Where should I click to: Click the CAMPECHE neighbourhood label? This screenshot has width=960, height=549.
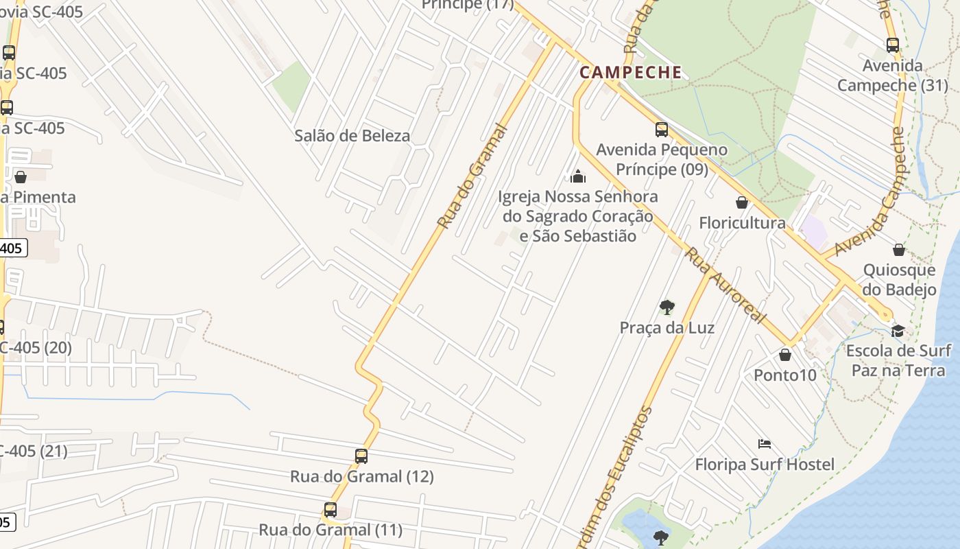pos(631,72)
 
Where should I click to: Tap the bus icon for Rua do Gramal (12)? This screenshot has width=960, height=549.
pos(361,456)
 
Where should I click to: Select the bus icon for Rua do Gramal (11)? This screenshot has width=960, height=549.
pos(331,510)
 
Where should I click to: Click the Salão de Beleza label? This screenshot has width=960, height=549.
pos(352,136)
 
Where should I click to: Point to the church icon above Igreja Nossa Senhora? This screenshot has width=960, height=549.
pos(578,176)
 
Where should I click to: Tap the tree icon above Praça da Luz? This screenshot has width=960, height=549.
pos(667,307)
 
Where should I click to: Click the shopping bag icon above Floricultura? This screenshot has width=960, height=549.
pos(742,202)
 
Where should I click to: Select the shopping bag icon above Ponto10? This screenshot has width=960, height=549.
pos(785,355)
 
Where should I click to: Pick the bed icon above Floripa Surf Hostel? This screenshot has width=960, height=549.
pos(765,444)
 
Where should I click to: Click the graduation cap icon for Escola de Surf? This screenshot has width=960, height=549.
pos(898,331)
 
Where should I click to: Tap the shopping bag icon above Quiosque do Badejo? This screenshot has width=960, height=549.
pos(899,250)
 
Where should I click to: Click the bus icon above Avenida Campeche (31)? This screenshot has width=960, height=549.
pos(893,45)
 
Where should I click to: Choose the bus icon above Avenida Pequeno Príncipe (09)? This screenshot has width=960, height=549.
pos(662,129)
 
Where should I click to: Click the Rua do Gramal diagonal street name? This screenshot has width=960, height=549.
pos(472,176)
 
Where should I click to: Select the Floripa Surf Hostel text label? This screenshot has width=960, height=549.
pos(765,465)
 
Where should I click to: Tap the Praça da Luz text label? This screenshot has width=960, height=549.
pos(667,328)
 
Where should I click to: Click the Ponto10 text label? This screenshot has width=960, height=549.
pos(785,375)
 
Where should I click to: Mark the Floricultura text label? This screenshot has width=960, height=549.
pos(742,223)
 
